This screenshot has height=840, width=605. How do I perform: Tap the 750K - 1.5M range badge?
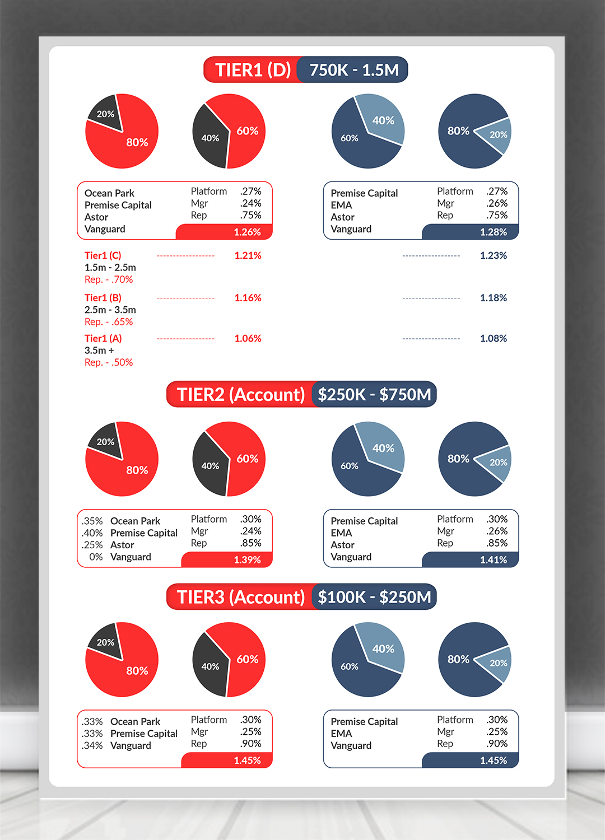[x=354, y=70]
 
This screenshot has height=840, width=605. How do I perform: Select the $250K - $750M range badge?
[x=374, y=395]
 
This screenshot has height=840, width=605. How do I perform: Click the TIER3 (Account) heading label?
[x=240, y=598]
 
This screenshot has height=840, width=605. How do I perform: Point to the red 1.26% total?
[x=247, y=232]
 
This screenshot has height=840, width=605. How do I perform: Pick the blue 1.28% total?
[x=493, y=232]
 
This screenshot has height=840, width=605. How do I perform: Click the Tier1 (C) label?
[x=103, y=255]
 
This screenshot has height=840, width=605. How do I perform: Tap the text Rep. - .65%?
[x=109, y=322]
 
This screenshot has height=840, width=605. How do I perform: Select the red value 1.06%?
[x=248, y=338]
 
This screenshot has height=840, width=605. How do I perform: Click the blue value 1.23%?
[x=493, y=255]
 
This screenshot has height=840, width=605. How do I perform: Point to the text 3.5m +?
[x=99, y=351]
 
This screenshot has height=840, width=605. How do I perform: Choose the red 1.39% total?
[x=247, y=560]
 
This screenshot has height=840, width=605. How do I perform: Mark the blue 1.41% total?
[x=493, y=560]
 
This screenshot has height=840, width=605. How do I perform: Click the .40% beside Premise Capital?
[x=92, y=533]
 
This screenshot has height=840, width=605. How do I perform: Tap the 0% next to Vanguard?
[x=96, y=557]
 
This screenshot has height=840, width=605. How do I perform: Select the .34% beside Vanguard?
[x=92, y=746]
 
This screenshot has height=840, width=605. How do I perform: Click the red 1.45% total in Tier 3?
[x=247, y=760]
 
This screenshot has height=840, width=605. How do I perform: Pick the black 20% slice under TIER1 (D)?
[x=105, y=114]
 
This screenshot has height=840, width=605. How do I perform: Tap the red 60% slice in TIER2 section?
[x=247, y=459]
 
